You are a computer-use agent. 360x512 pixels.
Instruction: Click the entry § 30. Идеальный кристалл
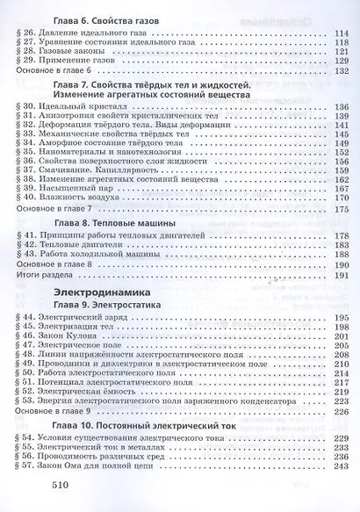93,120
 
